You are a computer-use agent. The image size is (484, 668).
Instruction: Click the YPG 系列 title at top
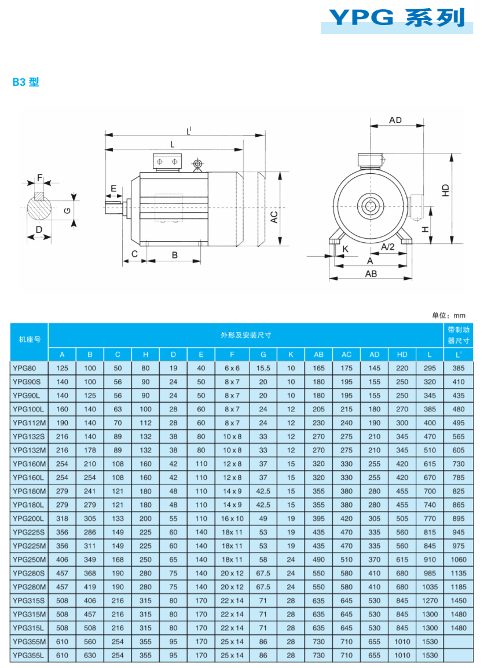click(x=397, y=17)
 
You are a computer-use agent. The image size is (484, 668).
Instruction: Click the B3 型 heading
click(x=25, y=82)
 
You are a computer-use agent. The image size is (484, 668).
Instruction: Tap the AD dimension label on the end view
click(x=395, y=120)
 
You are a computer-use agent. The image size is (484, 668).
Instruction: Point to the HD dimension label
click(x=445, y=190)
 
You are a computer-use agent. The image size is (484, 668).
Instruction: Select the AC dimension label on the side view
click(x=274, y=217)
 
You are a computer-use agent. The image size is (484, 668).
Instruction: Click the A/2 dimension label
click(x=388, y=247)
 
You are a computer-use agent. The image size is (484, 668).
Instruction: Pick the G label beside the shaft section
click(x=67, y=210)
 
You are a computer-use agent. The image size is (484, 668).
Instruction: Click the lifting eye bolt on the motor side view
click(x=197, y=165)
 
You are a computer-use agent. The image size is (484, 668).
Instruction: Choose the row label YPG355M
click(x=30, y=641)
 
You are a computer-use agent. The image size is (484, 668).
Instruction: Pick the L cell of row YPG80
click(x=430, y=368)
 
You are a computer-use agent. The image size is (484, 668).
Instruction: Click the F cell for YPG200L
click(x=232, y=519)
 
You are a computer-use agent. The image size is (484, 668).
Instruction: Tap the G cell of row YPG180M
click(x=263, y=491)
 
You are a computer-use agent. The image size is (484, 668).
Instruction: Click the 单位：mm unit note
click(x=448, y=316)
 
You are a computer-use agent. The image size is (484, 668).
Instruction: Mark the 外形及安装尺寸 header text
click(x=246, y=335)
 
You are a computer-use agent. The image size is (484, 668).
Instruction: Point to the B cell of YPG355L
click(x=90, y=655)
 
